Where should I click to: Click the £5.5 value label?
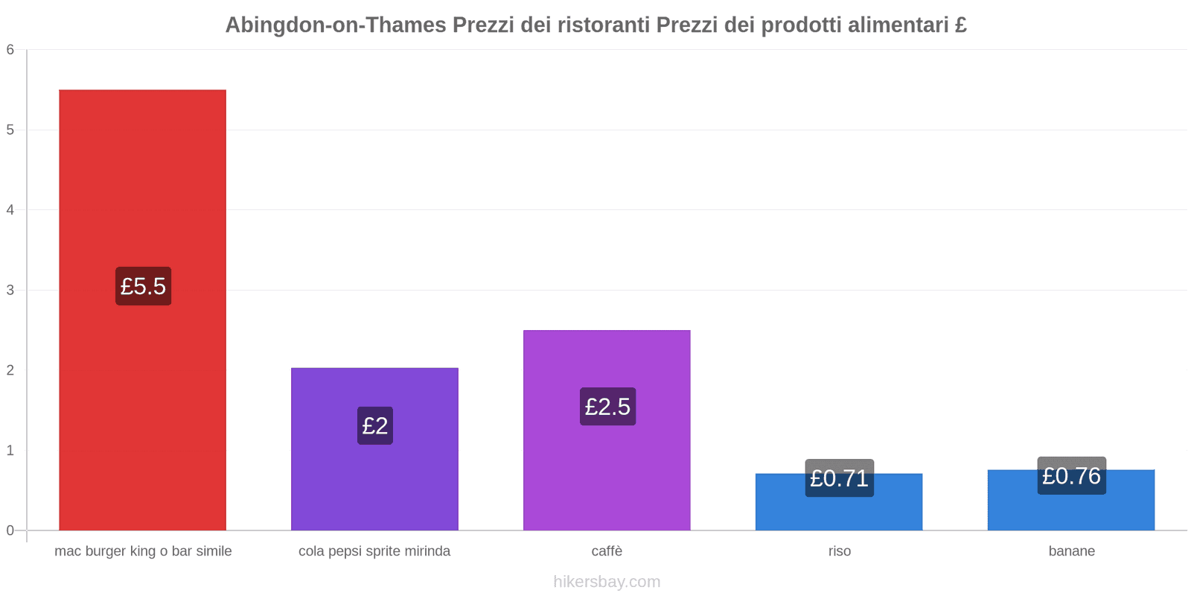pos(143,286)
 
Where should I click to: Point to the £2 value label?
pos(374,425)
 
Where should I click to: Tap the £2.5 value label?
pos(607,407)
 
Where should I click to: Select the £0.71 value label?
pos(839,478)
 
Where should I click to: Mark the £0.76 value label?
pos(1071,475)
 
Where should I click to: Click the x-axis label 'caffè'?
pos(607,551)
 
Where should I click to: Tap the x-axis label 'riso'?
pos(839,551)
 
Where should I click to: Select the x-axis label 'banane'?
pos(1071,551)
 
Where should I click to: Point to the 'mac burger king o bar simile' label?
pos(143,551)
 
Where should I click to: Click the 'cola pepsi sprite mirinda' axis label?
pos(374,551)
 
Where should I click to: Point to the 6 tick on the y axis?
pos(10,50)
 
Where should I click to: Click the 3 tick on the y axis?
pos(10,290)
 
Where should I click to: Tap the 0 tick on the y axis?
pos(10,530)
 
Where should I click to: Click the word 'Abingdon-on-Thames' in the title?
pos(336,25)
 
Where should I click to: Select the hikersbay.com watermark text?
pos(607,582)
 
